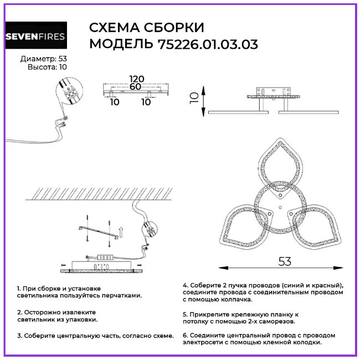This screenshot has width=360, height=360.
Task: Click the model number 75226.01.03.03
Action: coord(205,44)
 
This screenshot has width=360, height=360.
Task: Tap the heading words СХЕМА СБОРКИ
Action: coord(147,28)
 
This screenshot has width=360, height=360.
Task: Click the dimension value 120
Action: coord(135,79)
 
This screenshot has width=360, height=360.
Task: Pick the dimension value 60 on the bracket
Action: coord(135,86)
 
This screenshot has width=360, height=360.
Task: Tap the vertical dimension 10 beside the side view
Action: coord(194,99)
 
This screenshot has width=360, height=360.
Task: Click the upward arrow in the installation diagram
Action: coord(121,228)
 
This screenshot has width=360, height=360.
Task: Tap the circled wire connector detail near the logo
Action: coord(69,92)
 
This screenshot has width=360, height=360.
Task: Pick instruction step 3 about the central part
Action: coord(95,336)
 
